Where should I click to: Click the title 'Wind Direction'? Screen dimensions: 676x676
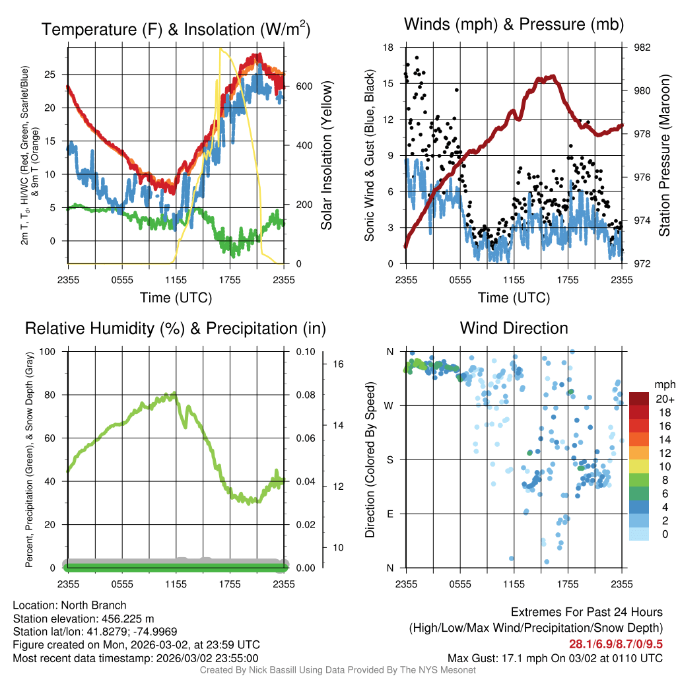coord(514,328)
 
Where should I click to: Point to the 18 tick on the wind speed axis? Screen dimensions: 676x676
coord(388,48)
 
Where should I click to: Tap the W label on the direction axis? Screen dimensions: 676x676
coord(389,405)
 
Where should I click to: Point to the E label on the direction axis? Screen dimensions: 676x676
coord(390,514)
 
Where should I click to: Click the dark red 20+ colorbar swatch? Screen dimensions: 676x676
coord(640,399)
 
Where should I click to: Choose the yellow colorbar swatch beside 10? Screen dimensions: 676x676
coord(640,467)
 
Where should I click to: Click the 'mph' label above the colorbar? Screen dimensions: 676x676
coord(663,384)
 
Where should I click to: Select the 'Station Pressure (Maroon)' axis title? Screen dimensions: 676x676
coord(664,155)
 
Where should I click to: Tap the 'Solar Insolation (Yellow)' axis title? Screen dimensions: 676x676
coord(326,155)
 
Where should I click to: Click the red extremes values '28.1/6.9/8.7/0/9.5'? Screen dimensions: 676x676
coord(616,644)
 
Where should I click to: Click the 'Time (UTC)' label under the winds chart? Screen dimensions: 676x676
coord(514,298)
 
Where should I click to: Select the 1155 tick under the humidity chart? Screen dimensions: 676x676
coord(176,584)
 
